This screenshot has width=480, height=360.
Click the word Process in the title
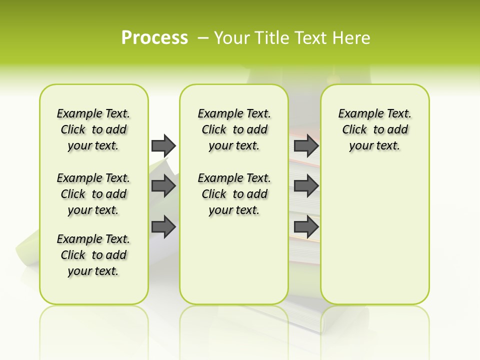pos(154,38)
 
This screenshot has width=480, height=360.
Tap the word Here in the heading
pos(352,38)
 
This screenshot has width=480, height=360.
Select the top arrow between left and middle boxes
pos(163,145)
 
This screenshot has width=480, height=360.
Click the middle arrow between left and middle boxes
pos(163,186)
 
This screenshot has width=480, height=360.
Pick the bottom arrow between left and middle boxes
pos(163,226)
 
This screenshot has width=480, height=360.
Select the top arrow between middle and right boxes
pos(306,145)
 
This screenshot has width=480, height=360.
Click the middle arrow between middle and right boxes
pos(306,186)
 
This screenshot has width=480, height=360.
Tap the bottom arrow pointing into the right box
pos(306,226)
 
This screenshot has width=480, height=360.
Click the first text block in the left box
pos(93,129)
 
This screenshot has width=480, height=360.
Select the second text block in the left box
pos(93,194)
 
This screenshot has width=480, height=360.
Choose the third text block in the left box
pos(93,255)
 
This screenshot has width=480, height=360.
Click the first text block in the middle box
pos(234,129)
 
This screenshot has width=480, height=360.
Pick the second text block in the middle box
pos(234,194)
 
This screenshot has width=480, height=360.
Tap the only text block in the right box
pos(374,129)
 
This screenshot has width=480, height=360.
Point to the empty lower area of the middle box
pos(234,260)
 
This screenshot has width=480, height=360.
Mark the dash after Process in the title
pos(203,38)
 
